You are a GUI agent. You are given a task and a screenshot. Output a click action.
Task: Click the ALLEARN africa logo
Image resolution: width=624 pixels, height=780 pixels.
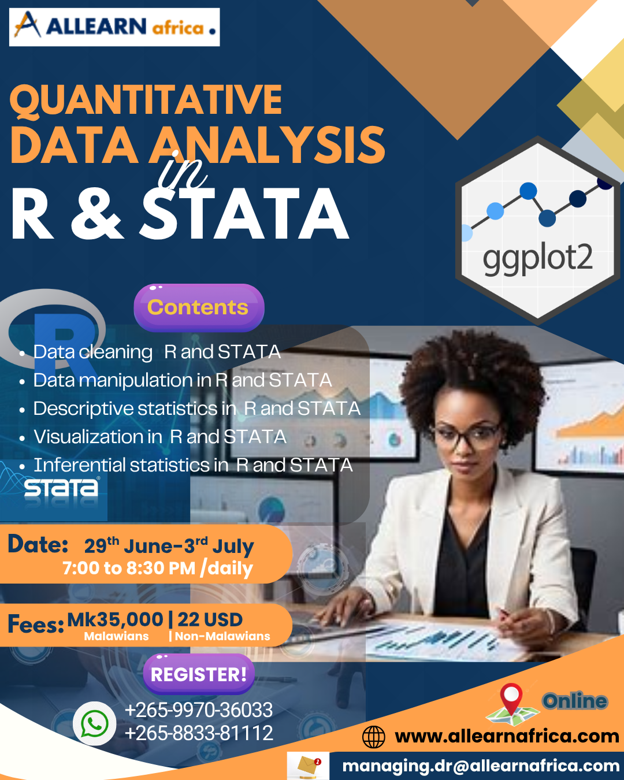(114, 27)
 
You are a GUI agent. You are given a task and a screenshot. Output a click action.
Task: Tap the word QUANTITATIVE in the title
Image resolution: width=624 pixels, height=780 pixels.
(146, 101)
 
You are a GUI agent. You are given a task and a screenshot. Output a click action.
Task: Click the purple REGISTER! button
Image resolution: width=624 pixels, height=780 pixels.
(199, 674)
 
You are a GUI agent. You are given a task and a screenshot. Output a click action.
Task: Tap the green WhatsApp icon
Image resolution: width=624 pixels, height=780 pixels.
(94, 723)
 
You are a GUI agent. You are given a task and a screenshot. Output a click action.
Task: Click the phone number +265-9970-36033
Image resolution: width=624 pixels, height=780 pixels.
(199, 710)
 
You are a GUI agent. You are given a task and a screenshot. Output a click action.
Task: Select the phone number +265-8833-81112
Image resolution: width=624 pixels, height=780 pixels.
(199, 733)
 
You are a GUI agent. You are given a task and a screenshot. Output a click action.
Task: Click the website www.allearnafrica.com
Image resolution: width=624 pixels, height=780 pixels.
(507, 736)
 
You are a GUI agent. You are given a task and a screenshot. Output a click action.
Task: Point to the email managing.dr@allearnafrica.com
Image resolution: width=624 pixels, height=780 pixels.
(481, 766)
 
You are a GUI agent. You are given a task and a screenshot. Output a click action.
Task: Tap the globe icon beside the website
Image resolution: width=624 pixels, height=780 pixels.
(373, 737)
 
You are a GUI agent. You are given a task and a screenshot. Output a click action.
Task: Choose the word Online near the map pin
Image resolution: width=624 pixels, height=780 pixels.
(575, 701)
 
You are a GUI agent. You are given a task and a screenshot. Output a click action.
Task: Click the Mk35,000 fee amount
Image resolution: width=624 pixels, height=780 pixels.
(115, 619)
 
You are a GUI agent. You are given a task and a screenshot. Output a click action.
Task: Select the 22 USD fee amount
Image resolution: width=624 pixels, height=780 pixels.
(210, 619)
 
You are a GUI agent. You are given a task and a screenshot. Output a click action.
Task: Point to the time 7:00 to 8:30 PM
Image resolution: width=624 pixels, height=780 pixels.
(129, 568)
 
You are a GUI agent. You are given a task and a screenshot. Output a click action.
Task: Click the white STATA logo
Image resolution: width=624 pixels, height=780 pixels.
(61, 488)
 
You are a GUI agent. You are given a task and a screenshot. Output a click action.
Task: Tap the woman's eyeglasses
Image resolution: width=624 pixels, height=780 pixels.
(466, 434)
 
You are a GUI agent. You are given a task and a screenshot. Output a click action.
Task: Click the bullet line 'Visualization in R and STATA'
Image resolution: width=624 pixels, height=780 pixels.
(160, 437)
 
